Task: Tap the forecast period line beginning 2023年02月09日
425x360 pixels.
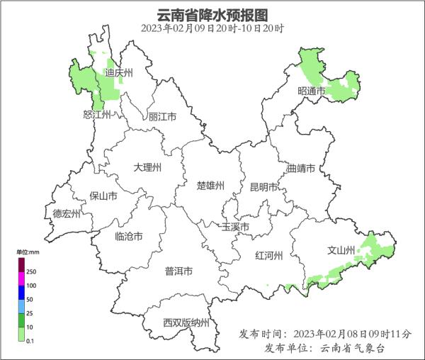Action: tap(212, 28)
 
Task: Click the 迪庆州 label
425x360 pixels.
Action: tap(118, 72)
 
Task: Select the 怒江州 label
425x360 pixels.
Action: tap(98, 115)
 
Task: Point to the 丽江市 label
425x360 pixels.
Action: tap(162, 117)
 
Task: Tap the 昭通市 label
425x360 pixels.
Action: tap(312, 91)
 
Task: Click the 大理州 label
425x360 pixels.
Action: tap(148, 167)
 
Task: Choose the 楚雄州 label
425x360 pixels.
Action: tap(210, 186)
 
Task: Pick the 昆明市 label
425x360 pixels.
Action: tap(264, 187)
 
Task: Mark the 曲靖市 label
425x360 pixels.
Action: tap(301, 169)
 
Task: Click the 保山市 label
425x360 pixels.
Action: tap(103, 196)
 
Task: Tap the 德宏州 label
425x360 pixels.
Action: tap(67, 213)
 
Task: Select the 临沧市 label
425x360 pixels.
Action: tap(128, 236)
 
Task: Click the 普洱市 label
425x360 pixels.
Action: tap(178, 271)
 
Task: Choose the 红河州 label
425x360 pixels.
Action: tap(269, 256)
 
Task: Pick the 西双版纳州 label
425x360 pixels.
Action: tap(186, 323)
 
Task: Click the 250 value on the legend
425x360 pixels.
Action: tap(31, 271)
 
